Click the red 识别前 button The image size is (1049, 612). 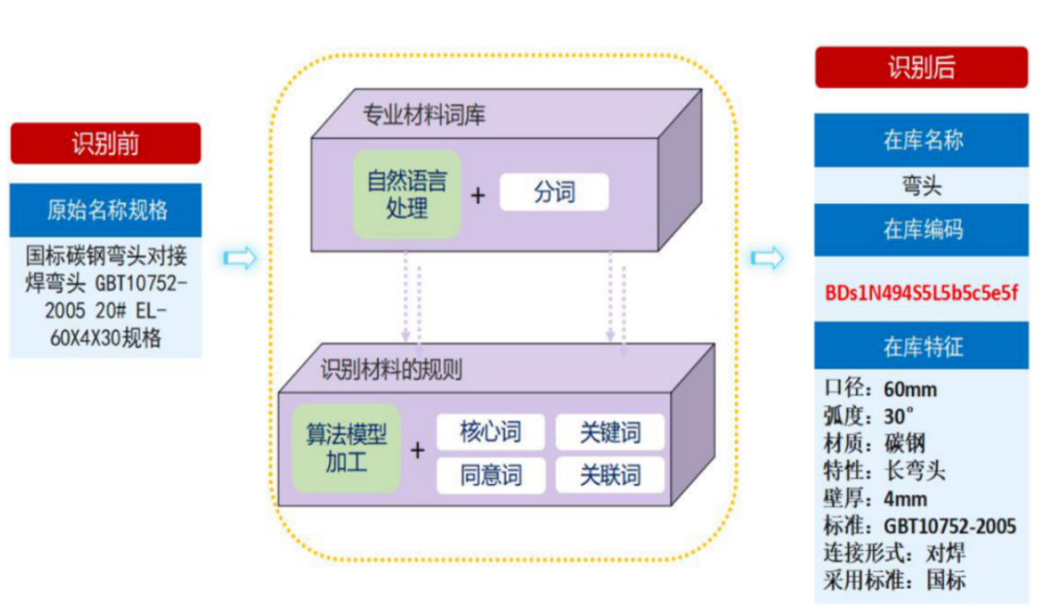106,143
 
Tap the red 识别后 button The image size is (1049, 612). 921,67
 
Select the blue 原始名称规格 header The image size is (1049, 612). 106,210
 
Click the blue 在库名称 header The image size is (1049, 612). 921,140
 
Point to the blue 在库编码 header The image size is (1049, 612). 921,230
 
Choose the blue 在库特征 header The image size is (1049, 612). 921,346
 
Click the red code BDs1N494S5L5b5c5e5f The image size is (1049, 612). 921,292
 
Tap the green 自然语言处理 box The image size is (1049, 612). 406,194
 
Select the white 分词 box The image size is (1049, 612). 554,192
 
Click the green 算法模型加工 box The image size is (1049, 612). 346,448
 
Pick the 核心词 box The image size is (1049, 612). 491,431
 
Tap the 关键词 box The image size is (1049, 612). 610,431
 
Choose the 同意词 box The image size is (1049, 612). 491,475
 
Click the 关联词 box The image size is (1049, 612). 610,475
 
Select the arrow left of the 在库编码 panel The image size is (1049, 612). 767,258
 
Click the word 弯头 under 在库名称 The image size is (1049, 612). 921,186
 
